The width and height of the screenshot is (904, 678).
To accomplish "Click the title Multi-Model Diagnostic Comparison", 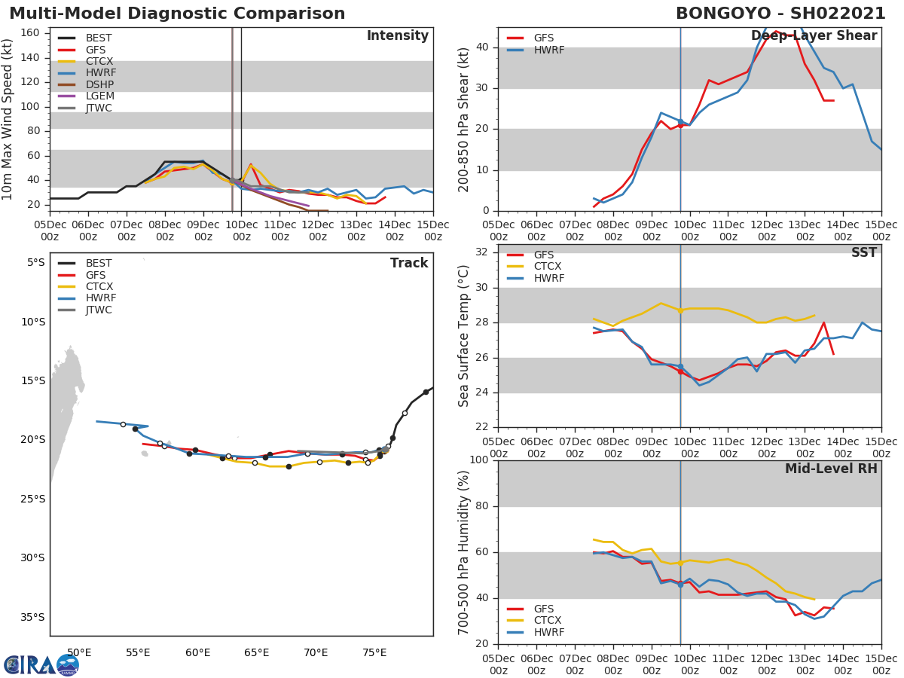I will click(x=177, y=14).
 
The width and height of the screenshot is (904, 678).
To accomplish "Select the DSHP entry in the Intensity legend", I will click(x=99, y=84).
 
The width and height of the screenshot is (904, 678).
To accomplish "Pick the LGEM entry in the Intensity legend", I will click(x=100, y=96).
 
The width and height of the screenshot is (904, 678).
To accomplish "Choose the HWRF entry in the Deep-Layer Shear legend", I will click(x=548, y=50).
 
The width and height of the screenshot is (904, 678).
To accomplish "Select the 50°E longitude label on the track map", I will click(x=79, y=652).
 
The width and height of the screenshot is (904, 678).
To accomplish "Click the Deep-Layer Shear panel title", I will click(x=814, y=36).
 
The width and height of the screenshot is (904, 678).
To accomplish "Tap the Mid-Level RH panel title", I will click(x=831, y=469).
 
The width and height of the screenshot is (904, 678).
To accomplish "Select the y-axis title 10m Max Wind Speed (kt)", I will click(x=8, y=119).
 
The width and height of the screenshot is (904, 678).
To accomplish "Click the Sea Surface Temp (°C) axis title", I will click(x=465, y=336).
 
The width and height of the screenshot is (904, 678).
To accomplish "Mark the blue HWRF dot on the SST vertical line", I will click(x=680, y=366).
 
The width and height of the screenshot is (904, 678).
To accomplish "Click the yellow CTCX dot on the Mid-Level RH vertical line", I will click(x=680, y=563).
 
